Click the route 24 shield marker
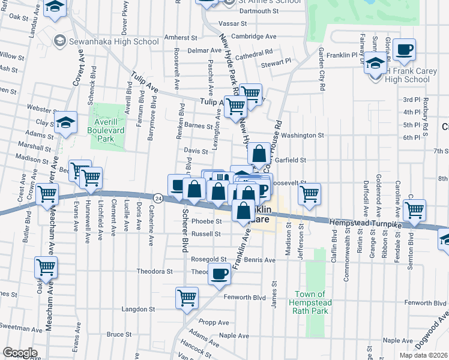click(x=158, y=197)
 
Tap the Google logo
click(x=19, y=352)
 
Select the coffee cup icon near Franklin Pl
click(x=404, y=50)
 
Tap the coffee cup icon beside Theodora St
click(x=218, y=275)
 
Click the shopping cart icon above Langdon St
click(x=187, y=298)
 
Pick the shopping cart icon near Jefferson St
click(x=309, y=194)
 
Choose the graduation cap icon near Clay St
click(x=66, y=122)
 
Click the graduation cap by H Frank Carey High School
click(x=375, y=62)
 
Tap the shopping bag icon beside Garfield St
click(x=259, y=154)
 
